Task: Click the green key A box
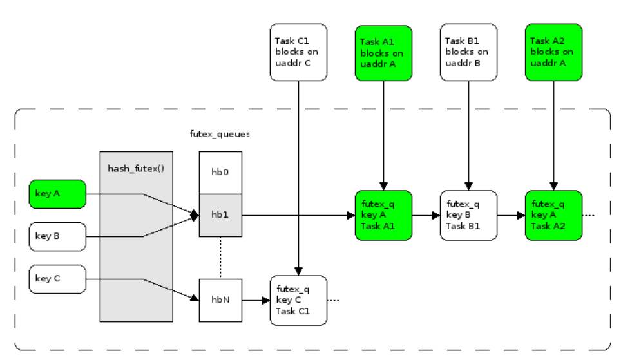(x=57, y=194)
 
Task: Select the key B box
(x=57, y=236)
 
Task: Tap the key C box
(x=57, y=279)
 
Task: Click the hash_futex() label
(x=136, y=168)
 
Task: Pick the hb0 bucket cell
(x=220, y=172)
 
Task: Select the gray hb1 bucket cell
(x=220, y=214)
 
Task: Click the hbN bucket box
(x=220, y=300)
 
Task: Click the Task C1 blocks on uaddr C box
(x=298, y=52)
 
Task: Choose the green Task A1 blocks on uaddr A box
(x=383, y=52)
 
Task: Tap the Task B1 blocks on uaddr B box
(x=468, y=52)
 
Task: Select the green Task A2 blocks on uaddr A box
(x=553, y=52)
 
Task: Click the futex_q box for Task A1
(x=383, y=215)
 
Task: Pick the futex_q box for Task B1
(x=468, y=215)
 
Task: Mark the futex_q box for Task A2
(x=553, y=215)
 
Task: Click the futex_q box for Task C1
(x=298, y=300)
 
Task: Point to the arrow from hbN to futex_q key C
(x=256, y=300)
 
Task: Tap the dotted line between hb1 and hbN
(x=220, y=257)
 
